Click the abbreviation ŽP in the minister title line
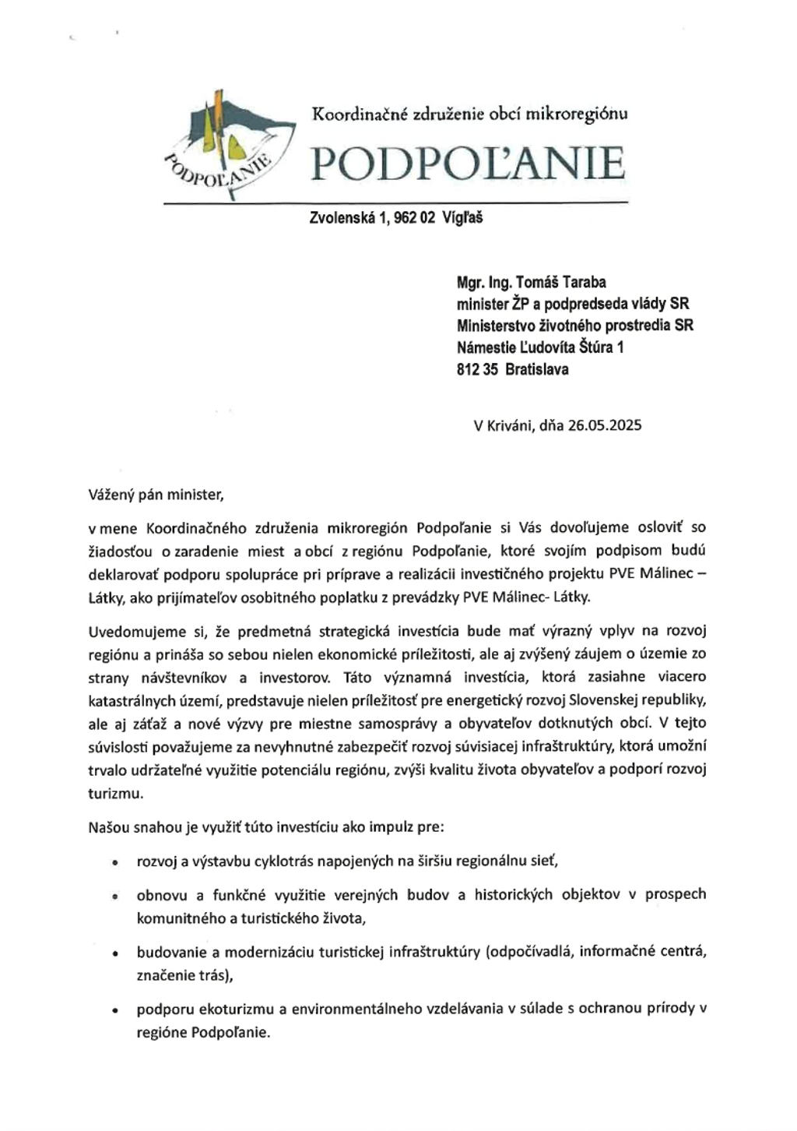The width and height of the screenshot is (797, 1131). pyautogui.click(x=519, y=304)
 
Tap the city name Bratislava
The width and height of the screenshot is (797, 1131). pyautogui.click(x=536, y=369)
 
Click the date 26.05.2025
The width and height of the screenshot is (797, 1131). pyautogui.click(x=605, y=425)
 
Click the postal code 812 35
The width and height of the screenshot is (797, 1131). pyautogui.click(x=476, y=369)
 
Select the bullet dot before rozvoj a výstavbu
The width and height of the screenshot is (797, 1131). pyautogui.click(x=115, y=863)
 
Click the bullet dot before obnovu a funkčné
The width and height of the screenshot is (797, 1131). pyautogui.click(x=115, y=897)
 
